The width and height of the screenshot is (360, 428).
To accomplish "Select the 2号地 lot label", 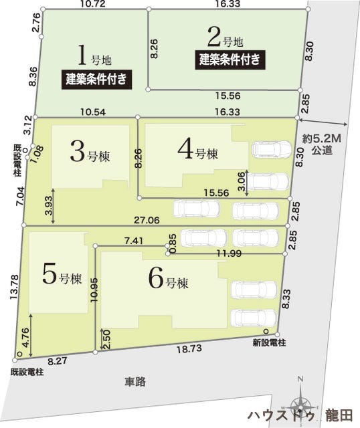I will (x=221, y=34).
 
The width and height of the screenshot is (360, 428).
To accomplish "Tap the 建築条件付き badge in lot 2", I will (x=228, y=60).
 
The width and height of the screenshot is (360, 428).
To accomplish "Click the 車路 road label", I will (x=134, y=383).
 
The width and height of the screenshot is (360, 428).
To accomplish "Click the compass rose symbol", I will (x=300, y=404).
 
